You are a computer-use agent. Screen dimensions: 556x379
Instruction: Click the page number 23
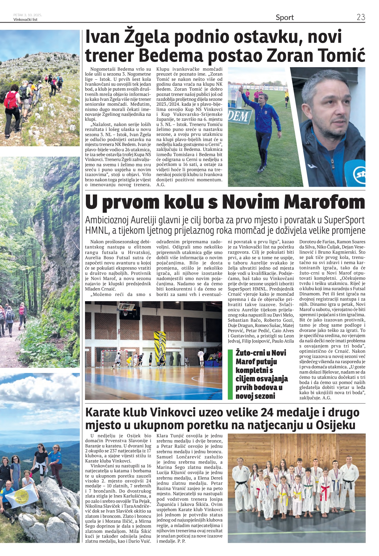pyautogui.click(x=361, y=17)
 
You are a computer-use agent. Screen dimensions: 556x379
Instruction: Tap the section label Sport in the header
pyautogui.click(x=284, y=17)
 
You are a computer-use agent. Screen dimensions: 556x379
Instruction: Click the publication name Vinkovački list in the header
pyautogui.click(x=25, y=20)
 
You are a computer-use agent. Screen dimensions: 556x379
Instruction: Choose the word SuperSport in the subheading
pyautogui.click(x=344, y=220)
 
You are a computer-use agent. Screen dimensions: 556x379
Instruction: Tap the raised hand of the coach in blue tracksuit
pyautogui.click(x=240, y=89)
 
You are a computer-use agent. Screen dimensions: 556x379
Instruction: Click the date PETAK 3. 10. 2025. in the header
pyautogui.click(x=27, y=15)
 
